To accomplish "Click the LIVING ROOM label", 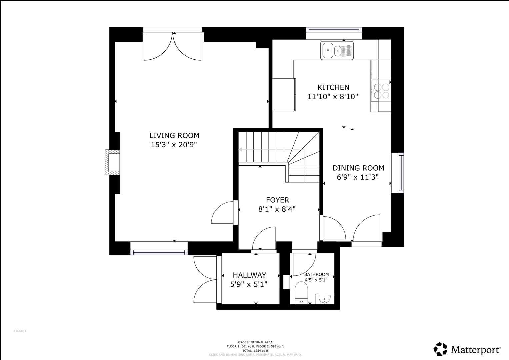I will [174, 135].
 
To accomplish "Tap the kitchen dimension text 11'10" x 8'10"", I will [332, 97].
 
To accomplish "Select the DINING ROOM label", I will [358, 168].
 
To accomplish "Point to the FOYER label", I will [277, 200].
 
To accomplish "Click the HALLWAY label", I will [249, 275].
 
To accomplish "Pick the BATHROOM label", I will [316, 274].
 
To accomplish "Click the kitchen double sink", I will [337, 51].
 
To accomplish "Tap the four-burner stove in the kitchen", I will [381, 91].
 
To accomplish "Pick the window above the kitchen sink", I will [334, 30].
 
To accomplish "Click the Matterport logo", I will [467, 349].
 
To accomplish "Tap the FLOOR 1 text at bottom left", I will [20, 331].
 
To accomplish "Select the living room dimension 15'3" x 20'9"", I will [174, 145].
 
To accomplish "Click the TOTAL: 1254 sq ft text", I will [255, 351].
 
